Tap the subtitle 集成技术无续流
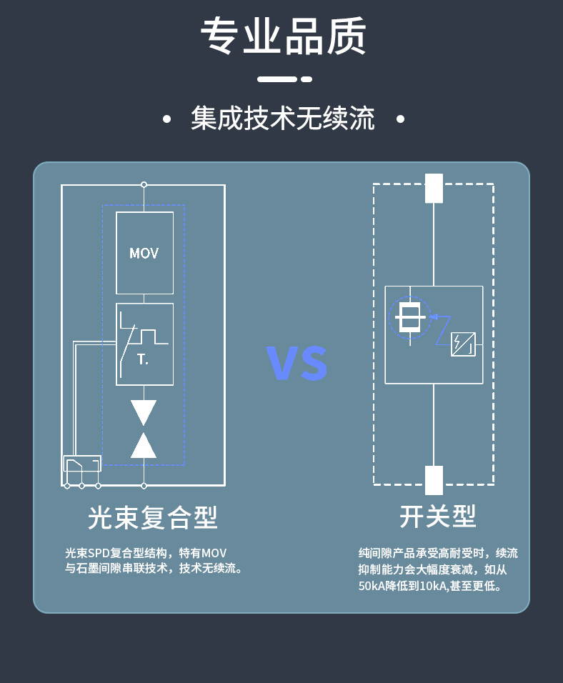[x=283, y=119]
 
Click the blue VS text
[x=297, y=364]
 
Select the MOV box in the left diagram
[x=144, y=253]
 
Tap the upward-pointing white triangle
[x=144, y=446]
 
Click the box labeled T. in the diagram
[x=144, y=344]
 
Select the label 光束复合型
[x=152, y=517]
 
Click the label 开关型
[x=437, y=516]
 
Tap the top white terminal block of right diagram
[x=434, y=188]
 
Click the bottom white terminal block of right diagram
[x=434, y=480]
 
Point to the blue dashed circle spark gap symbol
[x=409, y=318]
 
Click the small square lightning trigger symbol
[x=463, y=344]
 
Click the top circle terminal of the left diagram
[x=144, y=184]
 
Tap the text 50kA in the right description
[x=372, y=587]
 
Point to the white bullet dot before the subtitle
[x=166, y=119]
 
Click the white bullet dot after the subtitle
[x=400, y=119]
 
